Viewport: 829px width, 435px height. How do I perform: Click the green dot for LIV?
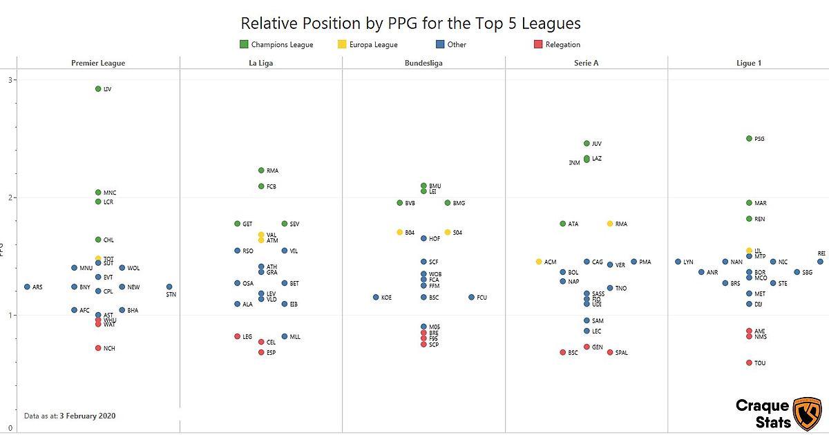click(98, 89)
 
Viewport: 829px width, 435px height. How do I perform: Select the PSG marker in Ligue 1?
click(749, 139)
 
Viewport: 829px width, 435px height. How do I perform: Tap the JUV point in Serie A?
click(587, 144)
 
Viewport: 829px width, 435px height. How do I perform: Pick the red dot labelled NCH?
click(98, 348)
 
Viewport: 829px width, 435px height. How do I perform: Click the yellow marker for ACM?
click(539, 262)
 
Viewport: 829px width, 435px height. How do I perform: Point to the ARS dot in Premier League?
click(28, 287)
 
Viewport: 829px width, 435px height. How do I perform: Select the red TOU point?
click(749, 362)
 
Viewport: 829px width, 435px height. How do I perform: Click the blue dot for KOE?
click(376, 297)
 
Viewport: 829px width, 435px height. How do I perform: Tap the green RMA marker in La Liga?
click(261, 170)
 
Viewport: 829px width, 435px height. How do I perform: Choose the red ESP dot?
click(261, 352)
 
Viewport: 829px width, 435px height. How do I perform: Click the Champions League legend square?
click(244, 44)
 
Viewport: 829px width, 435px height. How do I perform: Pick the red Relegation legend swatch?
click(538, 44)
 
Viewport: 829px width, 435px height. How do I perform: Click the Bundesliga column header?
click(423, 63)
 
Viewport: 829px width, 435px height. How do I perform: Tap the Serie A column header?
click(587, 63)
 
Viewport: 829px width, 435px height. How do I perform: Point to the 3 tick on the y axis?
click(10, 80)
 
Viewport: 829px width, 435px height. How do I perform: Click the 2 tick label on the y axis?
click(10, 197)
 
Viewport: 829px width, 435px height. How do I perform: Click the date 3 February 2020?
click(88, 416)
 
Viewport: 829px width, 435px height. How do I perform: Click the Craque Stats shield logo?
click(806, 414)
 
